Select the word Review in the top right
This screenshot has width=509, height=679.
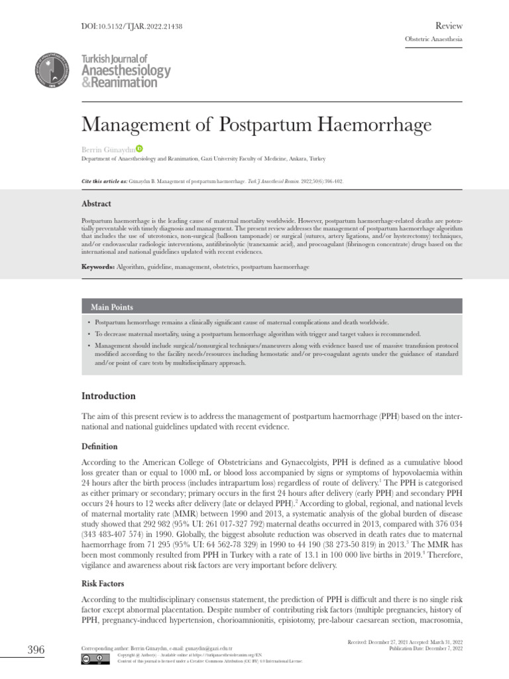[x=449, y=25]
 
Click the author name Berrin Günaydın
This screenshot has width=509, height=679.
[x=108, y=149]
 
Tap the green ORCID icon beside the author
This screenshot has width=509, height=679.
[x=140, y=149]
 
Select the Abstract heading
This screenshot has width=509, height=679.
[x=96, y=204]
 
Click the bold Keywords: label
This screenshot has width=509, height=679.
[x=98, y=266]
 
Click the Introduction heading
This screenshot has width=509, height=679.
[x=108, y=396]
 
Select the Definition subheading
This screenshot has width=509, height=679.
[x=99, y=446]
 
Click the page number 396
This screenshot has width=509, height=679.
[x=35, y=650]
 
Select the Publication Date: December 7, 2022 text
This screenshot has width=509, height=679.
[x=425, y=648]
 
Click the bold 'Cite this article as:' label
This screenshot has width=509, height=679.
[x=104, y=180]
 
